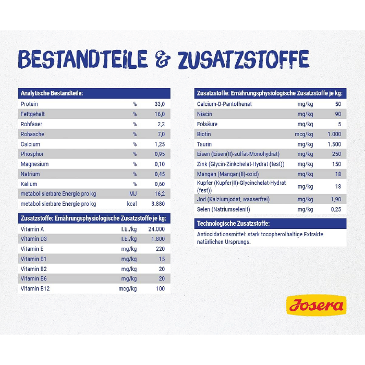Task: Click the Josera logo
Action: click(316, 306)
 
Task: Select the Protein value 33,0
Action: click(159, 104)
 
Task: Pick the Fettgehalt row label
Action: click(32, 114)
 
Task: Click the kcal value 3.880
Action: click(157, 204)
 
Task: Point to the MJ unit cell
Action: click(132, 194)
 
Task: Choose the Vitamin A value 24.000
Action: click(156, 229)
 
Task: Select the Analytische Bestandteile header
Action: click(52, 93)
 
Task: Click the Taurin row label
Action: click(204, 144)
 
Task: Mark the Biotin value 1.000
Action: click(334, 134)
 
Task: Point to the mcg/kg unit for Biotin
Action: click(303, 134)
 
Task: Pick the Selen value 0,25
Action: click(336, 210)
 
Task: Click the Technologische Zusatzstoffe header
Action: click(233, 224)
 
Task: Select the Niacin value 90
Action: click(337, 114)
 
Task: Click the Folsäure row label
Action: click(207, 124)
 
